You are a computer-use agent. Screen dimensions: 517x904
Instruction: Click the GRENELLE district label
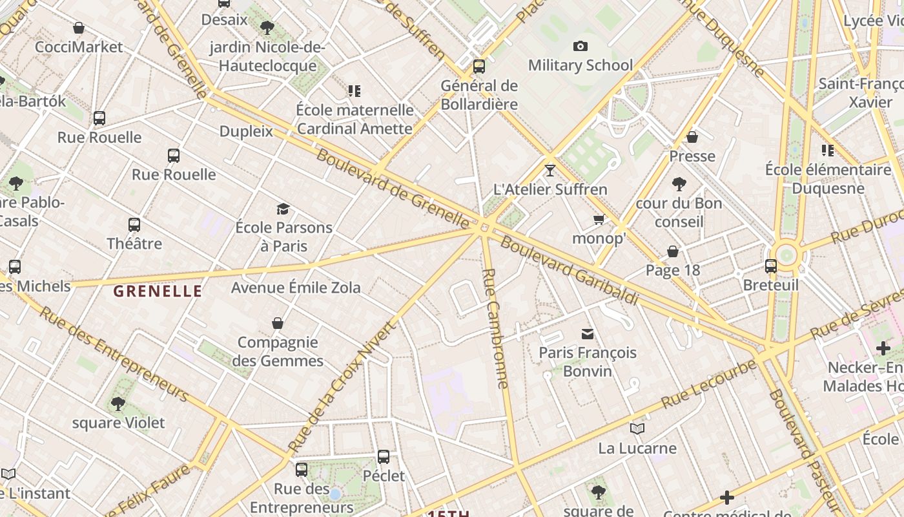pyautogui.click(x=158, y=291)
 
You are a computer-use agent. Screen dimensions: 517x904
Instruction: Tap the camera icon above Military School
pyautogui.click(x=580, y=46)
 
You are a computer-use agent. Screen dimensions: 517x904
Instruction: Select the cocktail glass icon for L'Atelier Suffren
pyautogui.click(x=550, y=171)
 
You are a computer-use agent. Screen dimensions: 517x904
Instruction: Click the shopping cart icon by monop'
pyautogui.click(x=599, y=220)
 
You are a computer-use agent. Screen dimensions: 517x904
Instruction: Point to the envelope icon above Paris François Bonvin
pyautogui.click(x=588, y=334)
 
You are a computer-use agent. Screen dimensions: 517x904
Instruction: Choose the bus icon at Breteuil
pyautogui.click(x=770, y=266)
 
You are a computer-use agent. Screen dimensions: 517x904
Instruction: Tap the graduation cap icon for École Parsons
pyautogui.click(x=283, y=209)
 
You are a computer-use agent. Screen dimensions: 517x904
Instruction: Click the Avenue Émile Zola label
pyautogui.click(x=296, y=288)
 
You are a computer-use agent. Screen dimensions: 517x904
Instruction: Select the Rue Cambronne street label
pyautogui.click(x=495, y=328)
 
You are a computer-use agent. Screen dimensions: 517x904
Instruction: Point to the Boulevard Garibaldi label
pyautogui.click(x=569, y=271)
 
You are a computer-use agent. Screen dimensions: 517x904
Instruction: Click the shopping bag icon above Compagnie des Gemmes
pyautogui.click(x=278, y=323)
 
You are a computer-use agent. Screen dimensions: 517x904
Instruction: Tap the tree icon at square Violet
pyautogui.click(x=118, y=404)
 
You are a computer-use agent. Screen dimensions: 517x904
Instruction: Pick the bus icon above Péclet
pyautogui.click(x=384, y=457)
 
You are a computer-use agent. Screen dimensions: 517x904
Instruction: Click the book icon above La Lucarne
pyautogui.click(x=637, y=428)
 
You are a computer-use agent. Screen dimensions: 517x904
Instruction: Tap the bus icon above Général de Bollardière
pyautogui.click(x=478, y=66)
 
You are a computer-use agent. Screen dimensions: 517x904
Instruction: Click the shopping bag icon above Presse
pyautogui.click(x=692, y=137)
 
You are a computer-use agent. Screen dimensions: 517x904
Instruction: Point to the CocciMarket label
pyautogui.click(x=79, y=47)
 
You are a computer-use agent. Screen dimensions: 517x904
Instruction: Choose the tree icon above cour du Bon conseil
pyautogui.click(x=679, y=184)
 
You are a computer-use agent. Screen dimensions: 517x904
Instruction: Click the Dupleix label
pyautogui.click(x=246, y=131)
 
